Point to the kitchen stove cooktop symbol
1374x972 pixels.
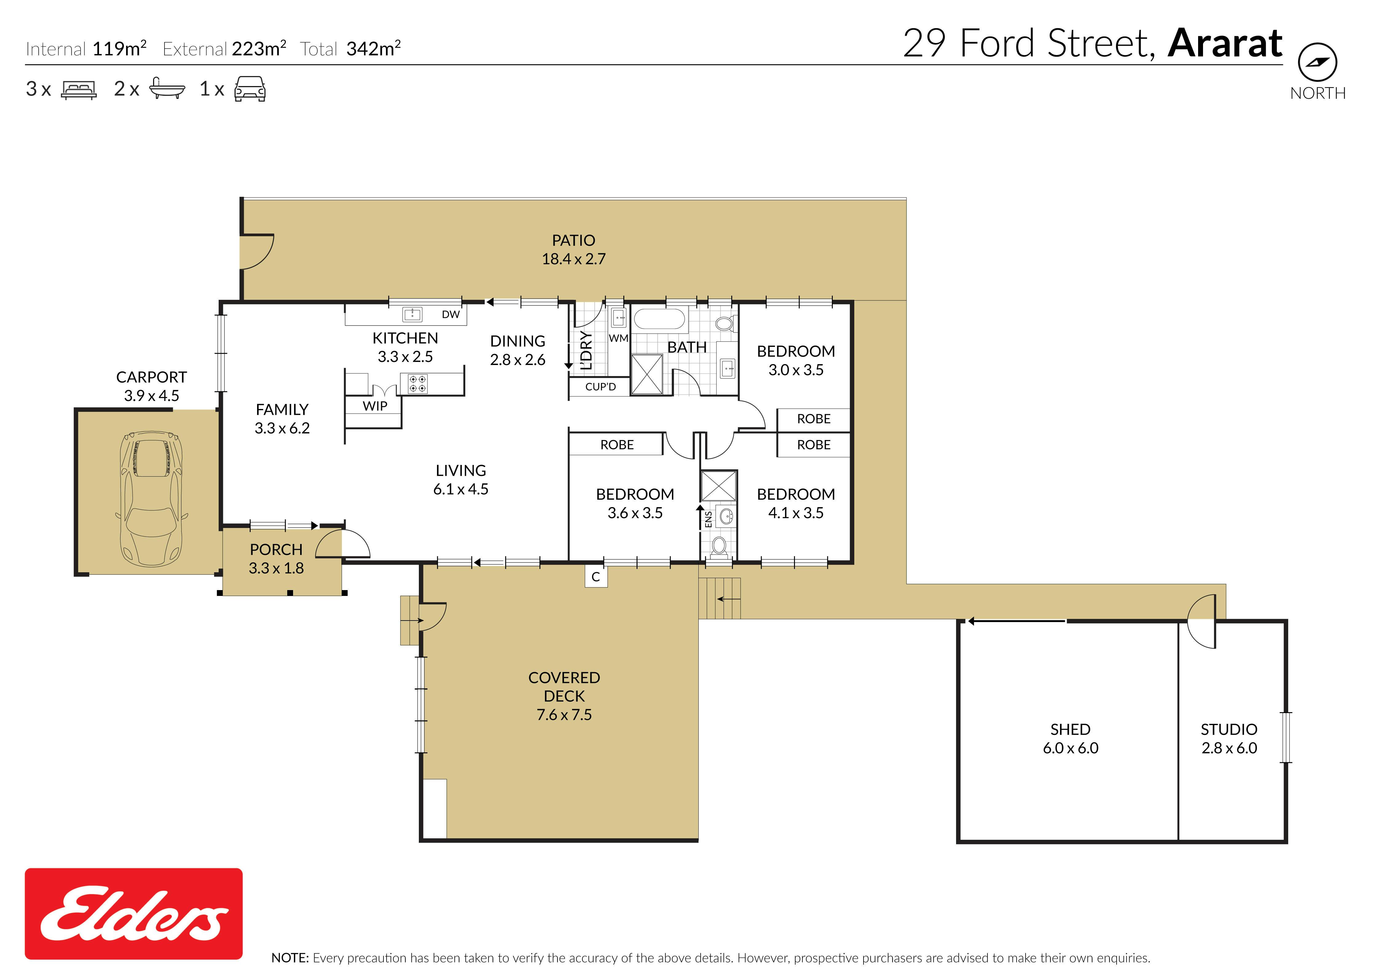(x=418, y=384)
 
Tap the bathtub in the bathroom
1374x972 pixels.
(x=659, y=319)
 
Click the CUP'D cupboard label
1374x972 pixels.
(x=600, y=387)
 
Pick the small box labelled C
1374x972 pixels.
(x=596, y=577)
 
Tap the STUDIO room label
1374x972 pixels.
(x=1229, y=730)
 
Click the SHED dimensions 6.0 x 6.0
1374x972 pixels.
(x=1070, y=748)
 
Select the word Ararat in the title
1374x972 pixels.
(x=1225, y=44)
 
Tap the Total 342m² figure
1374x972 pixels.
(x=350, y=49)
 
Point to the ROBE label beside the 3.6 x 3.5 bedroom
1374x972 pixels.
(x=617, y=445)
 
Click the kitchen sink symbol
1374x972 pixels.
(x=412, y=314)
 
